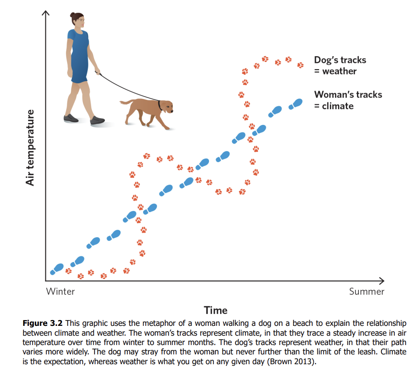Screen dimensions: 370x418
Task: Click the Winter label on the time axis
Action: tap(60, 292)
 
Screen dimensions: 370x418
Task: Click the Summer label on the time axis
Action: tap(367, 292)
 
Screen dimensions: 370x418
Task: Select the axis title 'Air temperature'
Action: tap(30, 147)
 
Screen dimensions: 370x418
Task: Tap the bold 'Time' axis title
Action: tap(216, 310)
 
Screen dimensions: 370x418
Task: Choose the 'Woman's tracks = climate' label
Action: tap(348, 100)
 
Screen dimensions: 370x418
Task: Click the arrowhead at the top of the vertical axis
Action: tap(45, 13)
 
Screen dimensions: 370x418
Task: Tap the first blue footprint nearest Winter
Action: tap(57, 268)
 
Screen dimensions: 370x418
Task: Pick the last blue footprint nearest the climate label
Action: tap(295, 104)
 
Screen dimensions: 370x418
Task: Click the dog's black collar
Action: tap(160, 105)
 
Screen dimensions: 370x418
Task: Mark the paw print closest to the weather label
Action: tap(300, 65)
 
